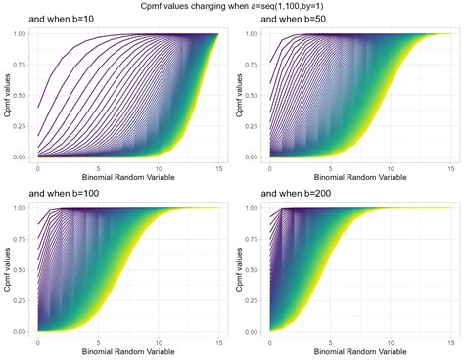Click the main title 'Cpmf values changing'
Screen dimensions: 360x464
(232, 6)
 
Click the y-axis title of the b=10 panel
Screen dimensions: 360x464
(7, 95)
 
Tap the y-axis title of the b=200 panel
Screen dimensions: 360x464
(239, 270)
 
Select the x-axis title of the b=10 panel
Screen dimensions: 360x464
(126, 178)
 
